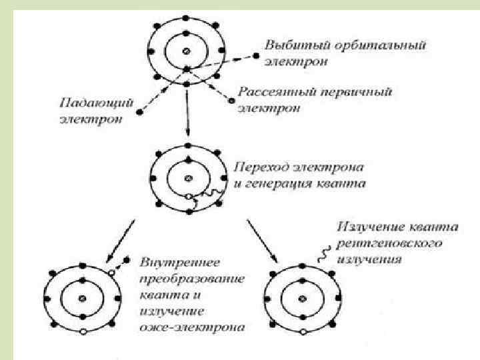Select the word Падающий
[x=88, y=105]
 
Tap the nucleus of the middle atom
[x=189, y=177]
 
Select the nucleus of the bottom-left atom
[x=82, y=298]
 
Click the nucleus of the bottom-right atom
[x=301, y=298]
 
